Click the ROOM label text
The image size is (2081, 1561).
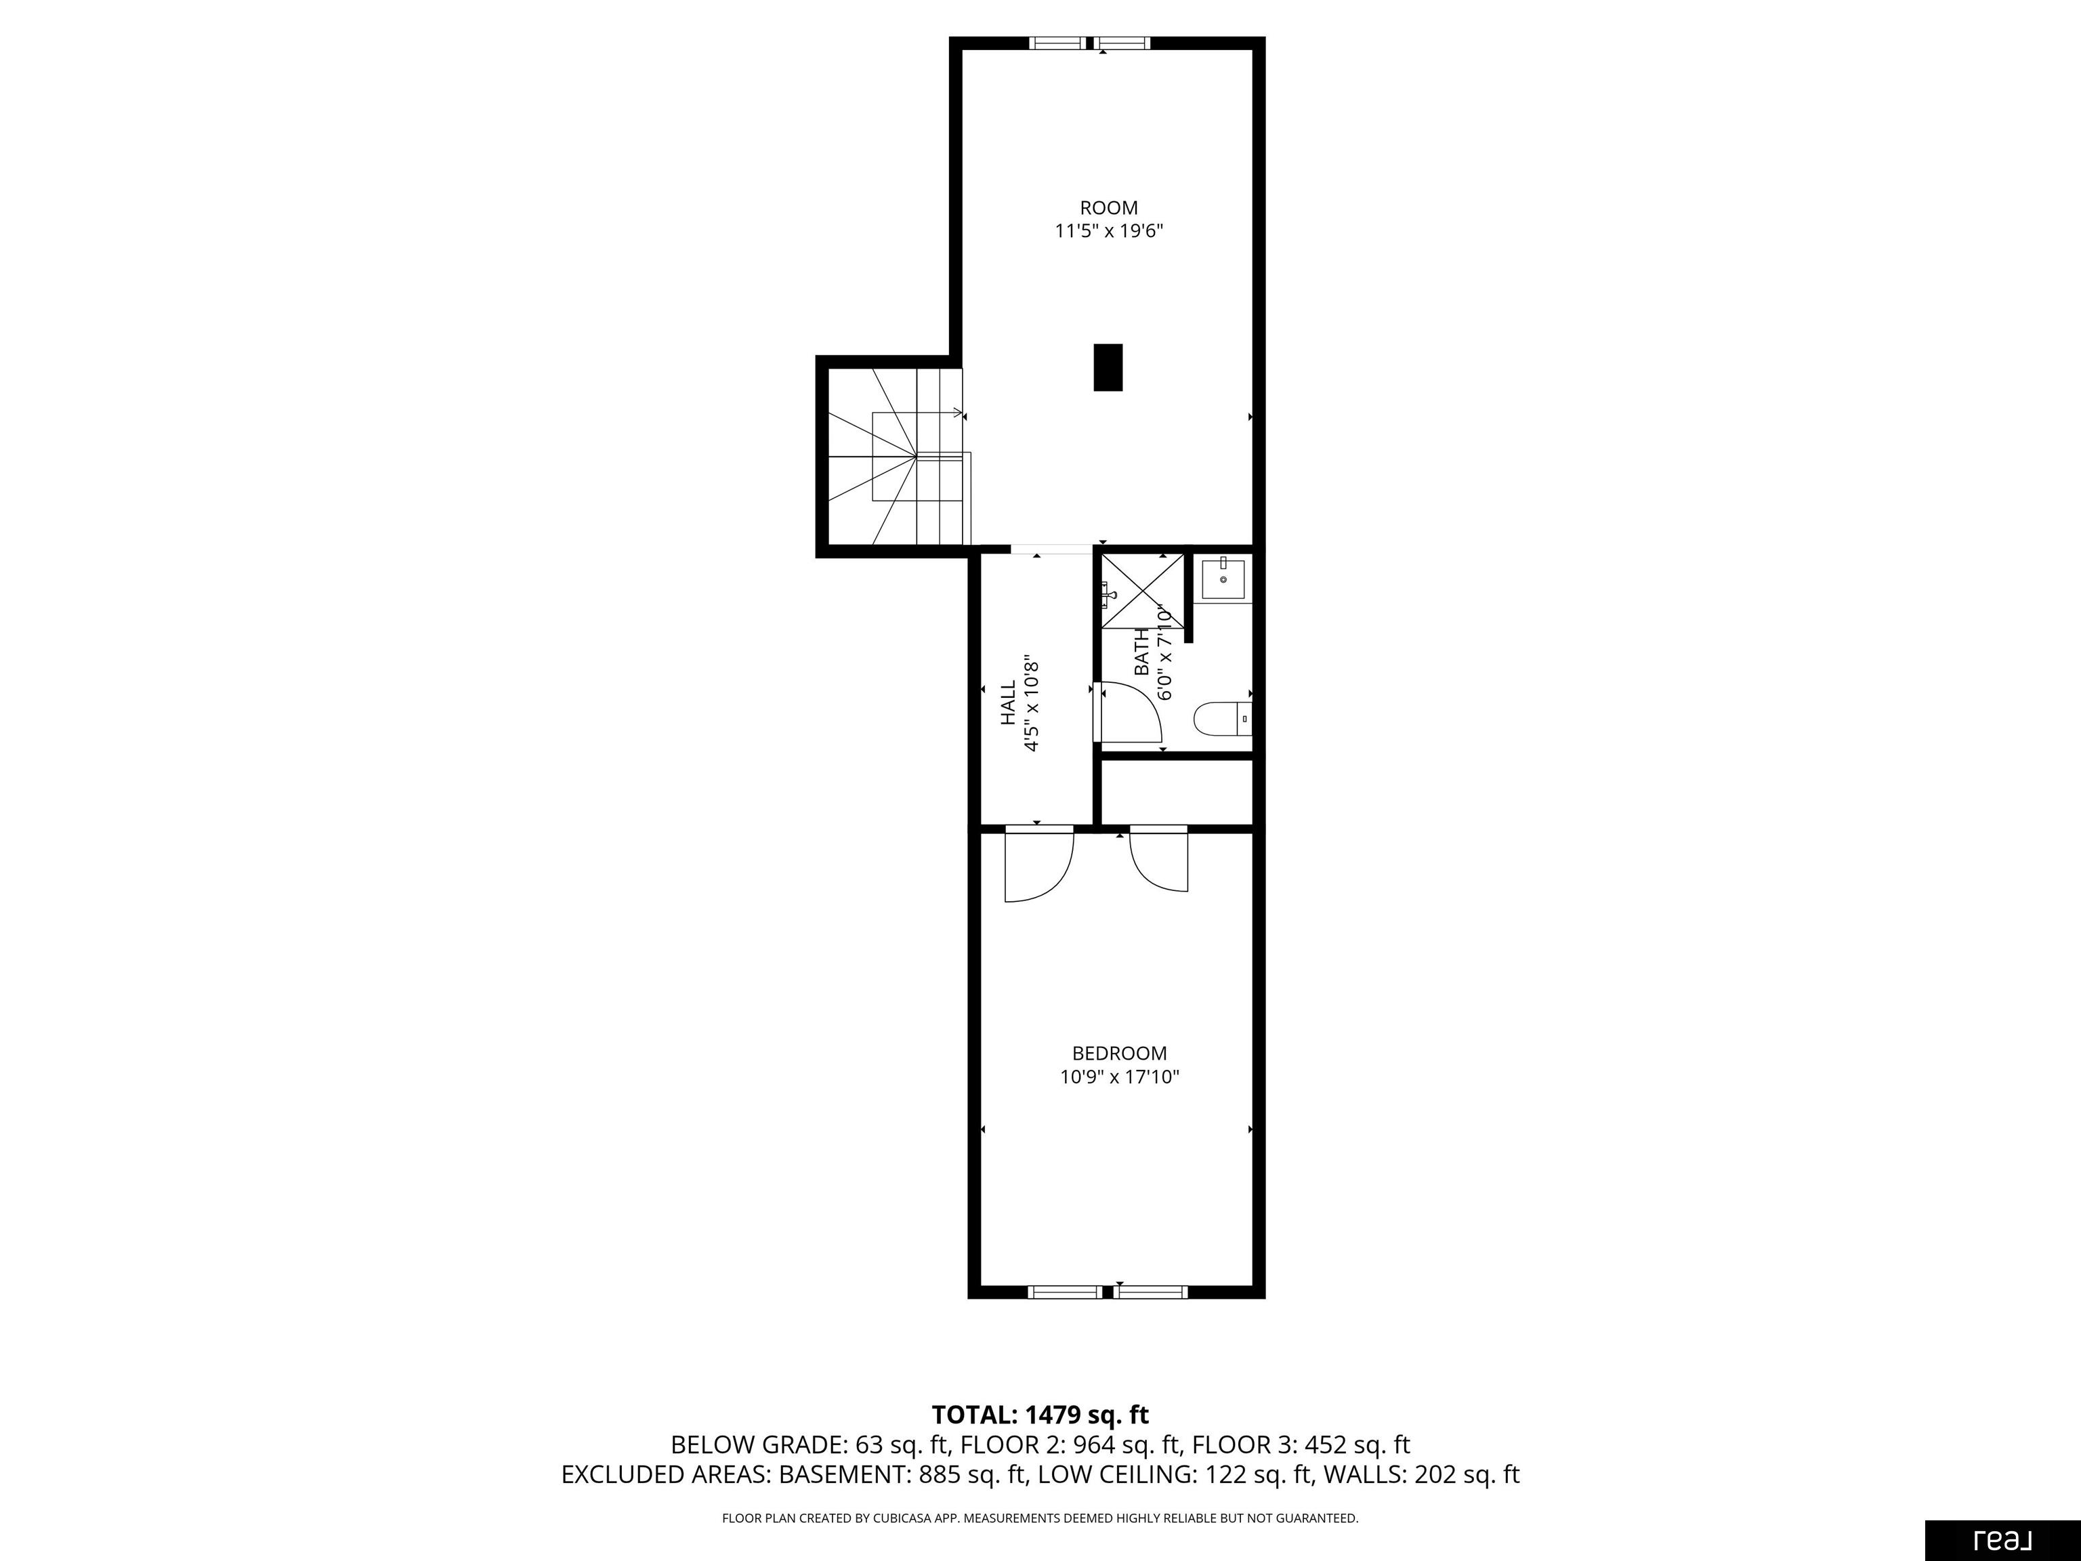pos(1108,208)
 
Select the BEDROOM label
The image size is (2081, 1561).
pos(1120,1054)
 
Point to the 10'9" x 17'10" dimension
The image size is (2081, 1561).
pos(1120,1077)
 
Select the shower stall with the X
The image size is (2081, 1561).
pos(1143,591)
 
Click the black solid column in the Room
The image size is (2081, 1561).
pos(1108,367)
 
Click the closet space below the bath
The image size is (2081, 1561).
pos(1176,791)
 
